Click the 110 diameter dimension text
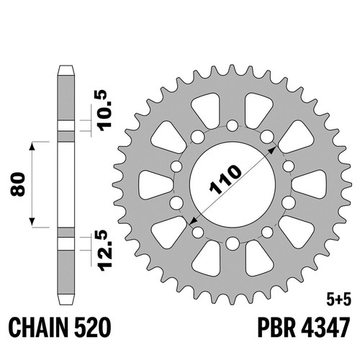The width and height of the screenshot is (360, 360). (x=225, y=179)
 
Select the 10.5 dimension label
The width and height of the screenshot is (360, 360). (x=104, y=110)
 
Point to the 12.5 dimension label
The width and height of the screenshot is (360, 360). (x=105, y=251)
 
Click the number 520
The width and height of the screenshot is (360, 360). (x=93, y=328)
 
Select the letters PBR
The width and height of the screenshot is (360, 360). (x=276, y=328)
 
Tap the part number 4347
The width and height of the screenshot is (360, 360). (x=325, y=328)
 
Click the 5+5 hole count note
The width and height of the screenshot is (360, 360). (x=338, y=300)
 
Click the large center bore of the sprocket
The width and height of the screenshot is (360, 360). (x=233, y=184)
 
